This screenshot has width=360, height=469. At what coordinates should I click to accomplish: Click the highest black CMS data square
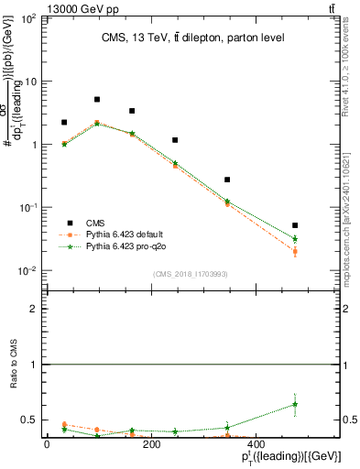(x=97, y=100)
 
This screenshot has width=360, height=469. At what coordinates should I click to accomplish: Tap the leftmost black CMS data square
(x=64, y=122)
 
